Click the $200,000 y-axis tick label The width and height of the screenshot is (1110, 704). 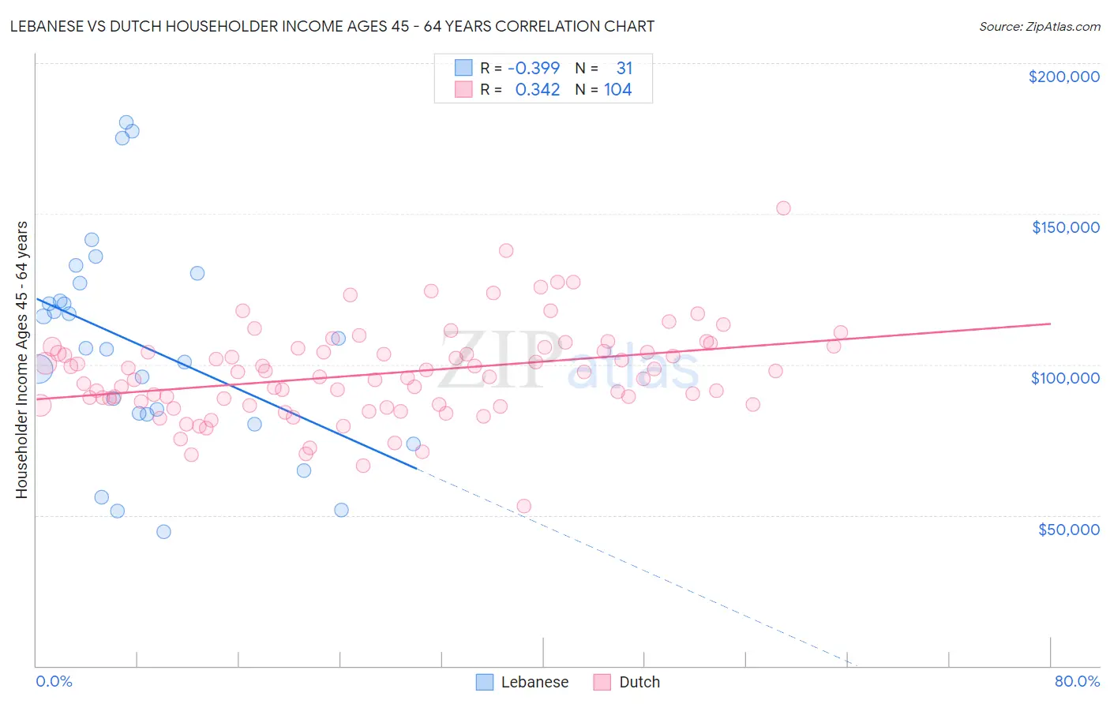[1063, 77]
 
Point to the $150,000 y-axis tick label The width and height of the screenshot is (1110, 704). [1065, 227]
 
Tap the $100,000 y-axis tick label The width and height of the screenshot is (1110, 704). [1065, 378]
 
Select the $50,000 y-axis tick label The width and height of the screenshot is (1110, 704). [1068, 529]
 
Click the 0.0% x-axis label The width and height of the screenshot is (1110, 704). [54, 681]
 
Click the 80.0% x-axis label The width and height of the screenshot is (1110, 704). [1077, 681]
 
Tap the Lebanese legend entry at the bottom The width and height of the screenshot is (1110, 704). [523, 682]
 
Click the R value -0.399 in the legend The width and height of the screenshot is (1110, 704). [534, 68]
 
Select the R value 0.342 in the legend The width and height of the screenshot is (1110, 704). [538, 90]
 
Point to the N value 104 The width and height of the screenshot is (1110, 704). [617, 90]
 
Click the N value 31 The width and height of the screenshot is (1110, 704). [624, 68]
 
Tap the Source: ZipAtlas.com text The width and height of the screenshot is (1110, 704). [1039, 26]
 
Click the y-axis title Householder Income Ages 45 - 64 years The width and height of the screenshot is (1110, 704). [22, 359]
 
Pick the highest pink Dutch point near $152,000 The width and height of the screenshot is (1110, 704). [783, 208]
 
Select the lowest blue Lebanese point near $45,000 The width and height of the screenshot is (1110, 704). [163, 532]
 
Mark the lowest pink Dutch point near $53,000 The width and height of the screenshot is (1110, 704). [523, 506]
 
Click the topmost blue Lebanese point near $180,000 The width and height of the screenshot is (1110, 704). [126, 122]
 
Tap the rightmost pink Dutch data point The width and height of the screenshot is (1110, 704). [841, 333]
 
